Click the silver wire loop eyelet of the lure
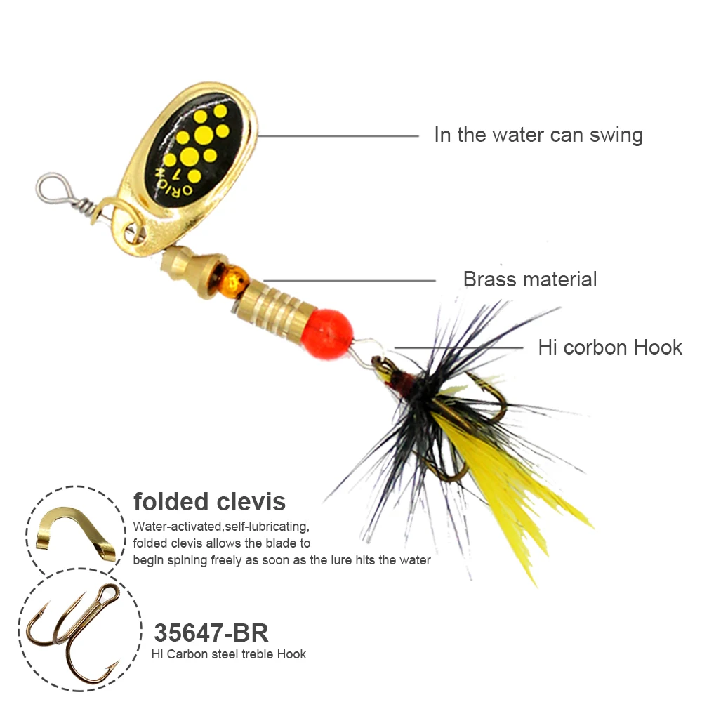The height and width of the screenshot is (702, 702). [50, 186]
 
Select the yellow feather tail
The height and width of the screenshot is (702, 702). [512, 491]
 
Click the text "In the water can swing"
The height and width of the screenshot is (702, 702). [538, 135]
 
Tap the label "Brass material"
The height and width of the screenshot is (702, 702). [529, 279]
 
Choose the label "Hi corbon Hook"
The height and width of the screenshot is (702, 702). [609, 347]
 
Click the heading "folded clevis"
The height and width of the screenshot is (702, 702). [209, 501]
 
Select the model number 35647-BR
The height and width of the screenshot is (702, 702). [211, 633]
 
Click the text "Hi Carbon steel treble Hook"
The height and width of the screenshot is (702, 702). [229, 654]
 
